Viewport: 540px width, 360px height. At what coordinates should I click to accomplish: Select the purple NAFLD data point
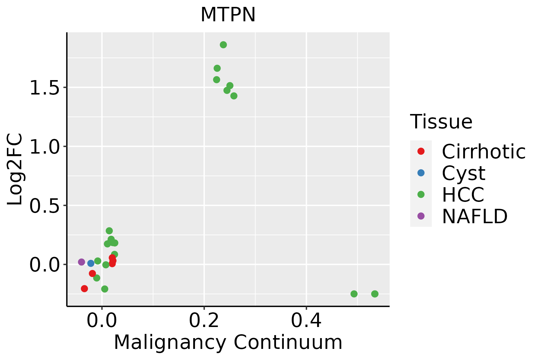[x=82, y=262]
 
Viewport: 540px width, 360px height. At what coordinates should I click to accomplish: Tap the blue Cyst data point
[x=91, y=263]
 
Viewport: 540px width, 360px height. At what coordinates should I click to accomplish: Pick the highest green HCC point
[x=223, y=45]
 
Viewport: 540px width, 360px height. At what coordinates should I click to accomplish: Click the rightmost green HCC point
[x=375, y=294]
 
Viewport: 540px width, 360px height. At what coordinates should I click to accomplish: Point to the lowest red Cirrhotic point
[x=84, y=289]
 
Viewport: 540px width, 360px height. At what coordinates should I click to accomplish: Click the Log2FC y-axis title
[x=15, y=169]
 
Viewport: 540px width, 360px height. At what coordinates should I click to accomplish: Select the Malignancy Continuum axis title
[x=228, y=342]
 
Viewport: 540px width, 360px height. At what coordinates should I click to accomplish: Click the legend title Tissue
[x=441, y=122]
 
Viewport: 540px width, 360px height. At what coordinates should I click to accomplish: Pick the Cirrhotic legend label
[x=484, y=151]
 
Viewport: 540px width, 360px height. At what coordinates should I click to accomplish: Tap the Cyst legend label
[x=463, y=173]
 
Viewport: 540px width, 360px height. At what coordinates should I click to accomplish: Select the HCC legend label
[x=463, y=195]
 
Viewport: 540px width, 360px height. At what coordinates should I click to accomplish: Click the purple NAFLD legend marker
[x=421, y=216]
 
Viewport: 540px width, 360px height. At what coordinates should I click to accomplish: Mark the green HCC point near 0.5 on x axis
[x=354, y=294]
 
